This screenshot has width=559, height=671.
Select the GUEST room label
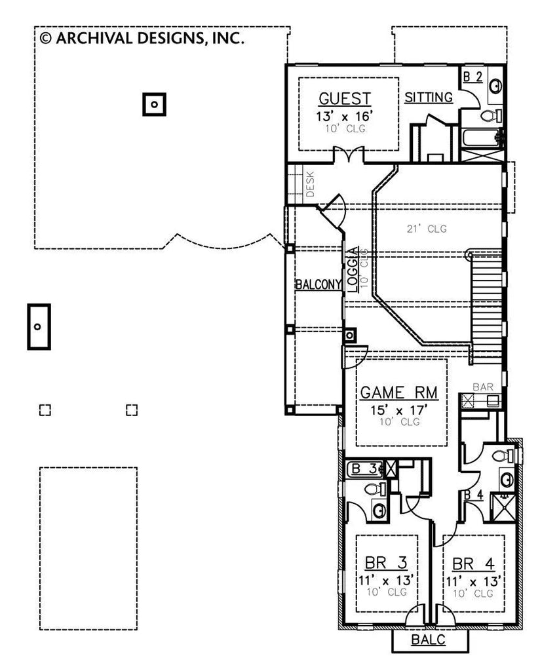(x=345, y=99)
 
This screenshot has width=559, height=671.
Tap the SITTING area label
(x=429, y=98)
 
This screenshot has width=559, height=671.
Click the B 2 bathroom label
(x=473, y=77)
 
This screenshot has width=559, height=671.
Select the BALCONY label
(x=318, y=284)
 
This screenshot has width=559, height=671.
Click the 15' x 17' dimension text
(x=400, y=410)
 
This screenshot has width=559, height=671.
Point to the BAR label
(x=483, y=387)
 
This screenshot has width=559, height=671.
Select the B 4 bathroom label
(x=473, y=495)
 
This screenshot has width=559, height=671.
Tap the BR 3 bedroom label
(x=386, y=563)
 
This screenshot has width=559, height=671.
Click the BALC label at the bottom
(x=429, y=640)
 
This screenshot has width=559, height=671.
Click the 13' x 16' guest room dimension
(x=345, y=116)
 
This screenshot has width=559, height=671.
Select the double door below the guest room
(x=345, y=156)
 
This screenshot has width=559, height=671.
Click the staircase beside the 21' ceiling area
(x=486, y=308)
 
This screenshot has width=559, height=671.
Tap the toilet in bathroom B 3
(x=373, y=489)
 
